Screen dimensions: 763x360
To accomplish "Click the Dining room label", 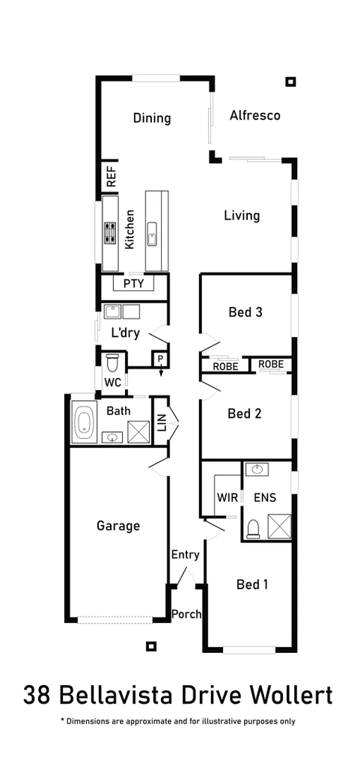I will pyautogui.click(x=152, y=118).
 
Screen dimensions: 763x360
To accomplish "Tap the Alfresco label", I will pyautogui.click(x=254, y=115).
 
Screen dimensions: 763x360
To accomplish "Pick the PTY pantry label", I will pyautogui.click(x=133, y=284).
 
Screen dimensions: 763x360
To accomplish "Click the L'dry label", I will pyautogui.click(x=125, y=333).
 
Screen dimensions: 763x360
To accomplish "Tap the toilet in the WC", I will pyautogui.click(x=112, y=363).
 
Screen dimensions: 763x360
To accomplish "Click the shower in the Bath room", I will pyautogui.click(x=138, y=432).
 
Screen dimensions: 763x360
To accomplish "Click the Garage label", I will pyautogui.click(x=118, y=526).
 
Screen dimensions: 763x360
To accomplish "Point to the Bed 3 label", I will pyautogui.click(x=245, y=312).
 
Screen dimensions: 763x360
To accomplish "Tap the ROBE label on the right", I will pyautogui.click(x=270, y=365).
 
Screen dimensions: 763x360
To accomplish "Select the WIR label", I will pyautogui.click(x=227, y=497).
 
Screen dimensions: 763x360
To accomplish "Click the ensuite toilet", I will pyautogui.click(x=253, y=529).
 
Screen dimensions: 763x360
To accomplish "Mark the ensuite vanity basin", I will pyautogui.click(x=257, y=469).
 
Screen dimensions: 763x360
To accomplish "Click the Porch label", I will pyautogui.click(x=186, y=614).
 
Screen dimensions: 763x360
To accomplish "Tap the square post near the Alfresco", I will pyautogui.click(x=291, y=82).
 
